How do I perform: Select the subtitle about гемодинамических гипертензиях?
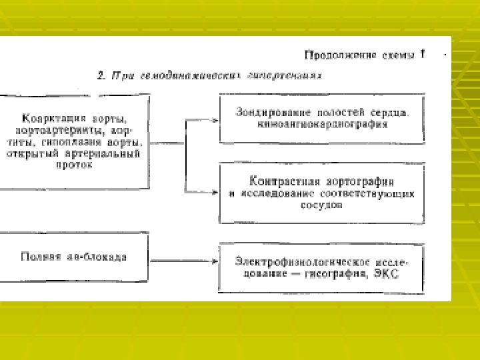(209, 76)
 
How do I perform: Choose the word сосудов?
(321, 205)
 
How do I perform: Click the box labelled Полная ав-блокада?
(73, 257)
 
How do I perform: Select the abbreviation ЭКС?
(389, 273)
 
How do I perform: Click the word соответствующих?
(383, 193)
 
